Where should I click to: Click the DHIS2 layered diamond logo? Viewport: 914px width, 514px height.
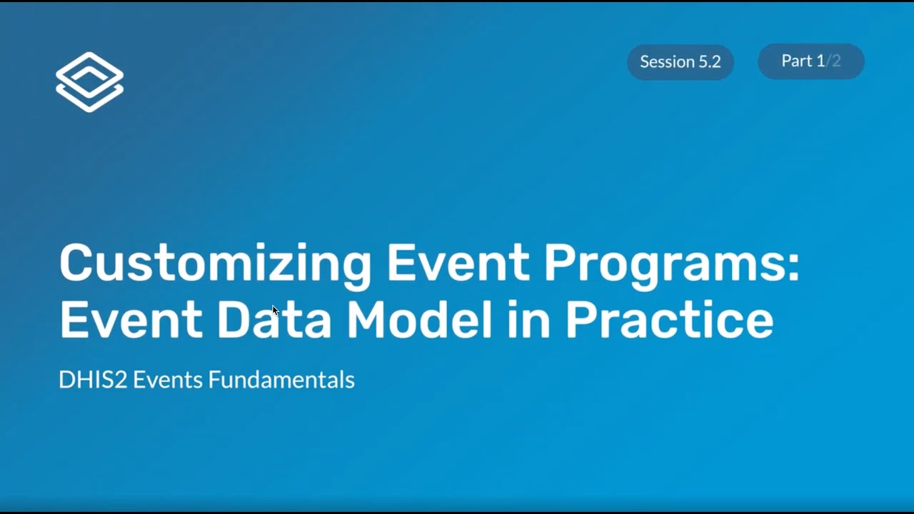coord(89,81)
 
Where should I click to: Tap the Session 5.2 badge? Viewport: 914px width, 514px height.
coord(680,62)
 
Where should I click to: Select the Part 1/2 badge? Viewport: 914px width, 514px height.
coord(810,61)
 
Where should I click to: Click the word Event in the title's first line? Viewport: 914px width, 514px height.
coord(458,263)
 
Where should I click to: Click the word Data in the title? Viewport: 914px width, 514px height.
coord(274,321)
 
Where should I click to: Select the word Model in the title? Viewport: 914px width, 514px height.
coord(420,321)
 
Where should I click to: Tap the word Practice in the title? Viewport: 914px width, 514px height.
coord(669,321)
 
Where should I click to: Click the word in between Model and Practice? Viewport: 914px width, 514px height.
coord(529,321)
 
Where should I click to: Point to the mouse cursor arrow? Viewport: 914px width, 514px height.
coord(275,310)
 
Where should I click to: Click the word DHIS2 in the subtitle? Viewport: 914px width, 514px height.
coord(93,380)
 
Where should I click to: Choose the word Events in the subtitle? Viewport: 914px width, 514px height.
coord(168,380)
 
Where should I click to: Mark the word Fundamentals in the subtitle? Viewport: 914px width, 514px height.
coord(281,380)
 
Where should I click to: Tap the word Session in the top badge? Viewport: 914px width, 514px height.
coord(666,62)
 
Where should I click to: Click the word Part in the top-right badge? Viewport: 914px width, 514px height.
coord(797,61)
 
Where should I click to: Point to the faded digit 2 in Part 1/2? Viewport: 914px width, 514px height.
coord(836,61)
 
